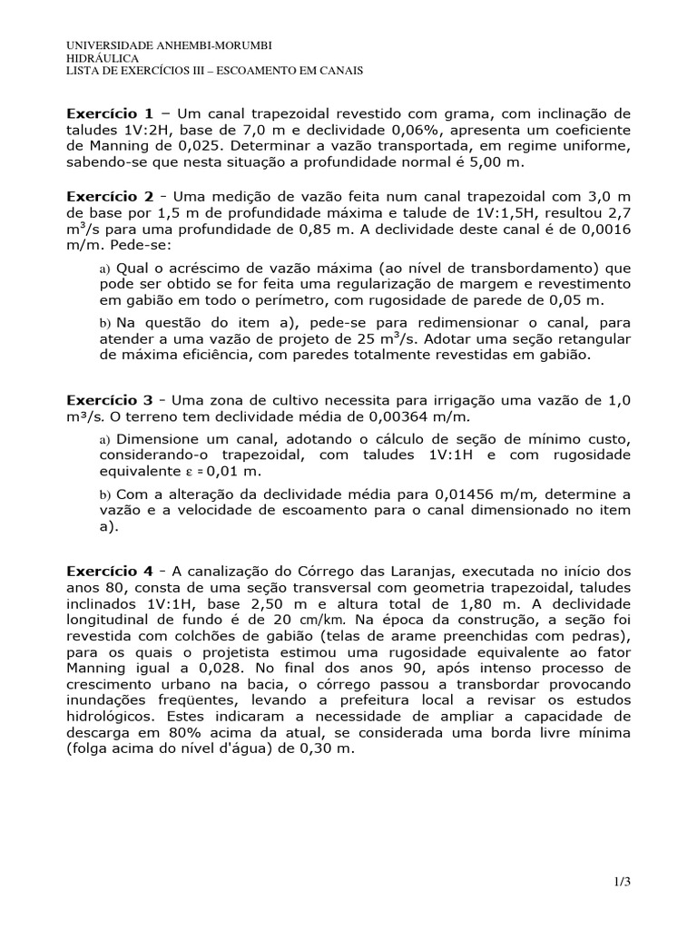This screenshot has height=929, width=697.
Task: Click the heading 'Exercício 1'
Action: click(x=110, y=114)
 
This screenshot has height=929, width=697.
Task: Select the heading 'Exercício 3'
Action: click(x=110, y=400)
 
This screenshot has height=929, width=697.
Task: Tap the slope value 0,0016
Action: click(x=603, y=229)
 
